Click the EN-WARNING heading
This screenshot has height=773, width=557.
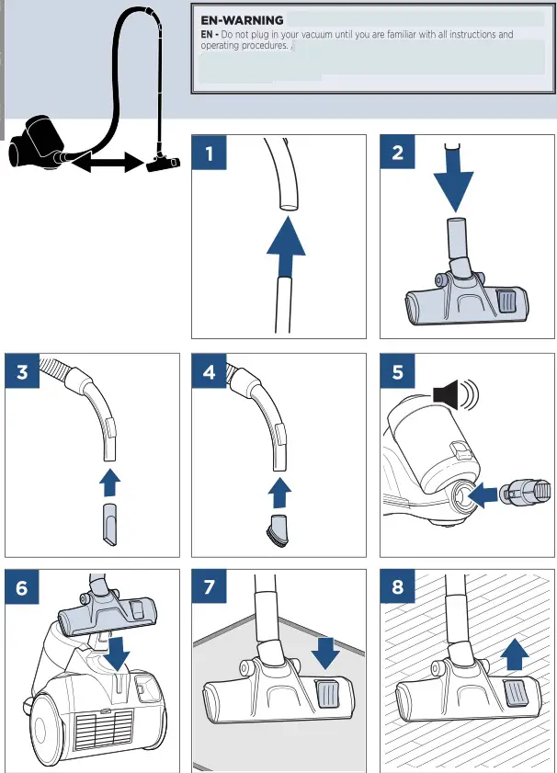tap(242, 19)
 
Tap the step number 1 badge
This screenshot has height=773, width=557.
tap(210, 153)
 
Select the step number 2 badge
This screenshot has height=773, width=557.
tap(398, 153)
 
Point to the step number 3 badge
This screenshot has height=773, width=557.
tap(23, 372)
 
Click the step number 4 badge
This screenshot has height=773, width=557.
tap(210, 372)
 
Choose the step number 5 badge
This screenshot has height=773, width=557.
tap(398, 372)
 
